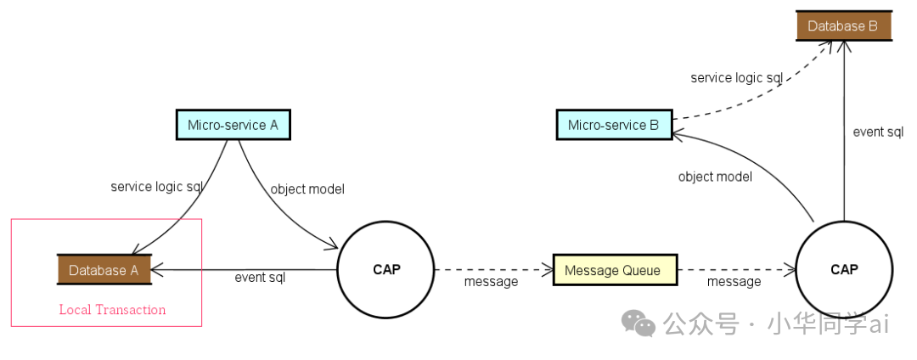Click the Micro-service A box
(x=233, y=125)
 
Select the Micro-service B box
(x=613, y=126)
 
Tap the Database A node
(x=104, y=270)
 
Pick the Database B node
(x=842, y=26)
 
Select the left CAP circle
(x=386, y=270)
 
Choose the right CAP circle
(x=844, y=270)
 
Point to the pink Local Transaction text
(x=112, y=310)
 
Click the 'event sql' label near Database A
(x=260, y=278)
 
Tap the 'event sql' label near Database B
(x=878, y=132)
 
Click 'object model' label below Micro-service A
(x=307, y=189)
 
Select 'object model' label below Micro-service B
(x=715, y=177)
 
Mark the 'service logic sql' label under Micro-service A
(x=156, y=186)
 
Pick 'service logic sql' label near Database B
(x=736, y=78)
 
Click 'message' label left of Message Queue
(x=491, y=281)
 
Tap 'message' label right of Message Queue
(x=734, y=281)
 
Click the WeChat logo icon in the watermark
(x=639, y=323)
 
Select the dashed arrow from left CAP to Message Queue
(x=492, y=270)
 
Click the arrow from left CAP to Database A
(x=246, y=270)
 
